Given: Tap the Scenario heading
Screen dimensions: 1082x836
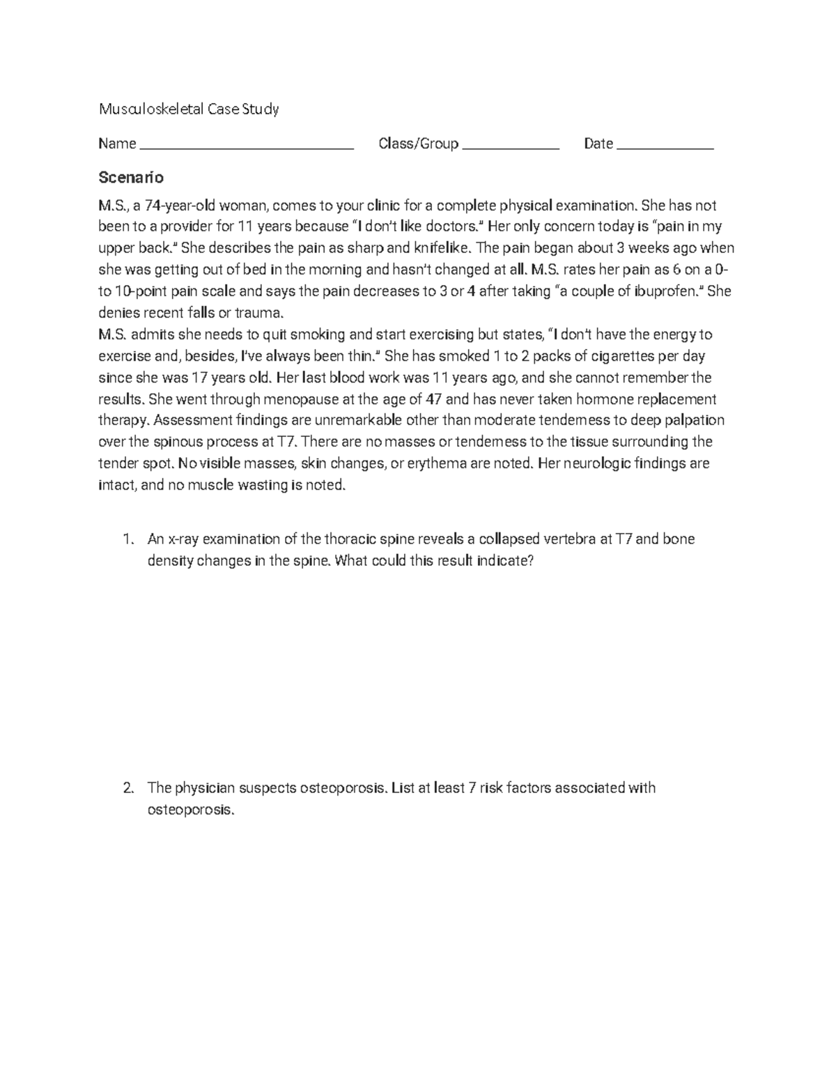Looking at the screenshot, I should [x=131, y=177].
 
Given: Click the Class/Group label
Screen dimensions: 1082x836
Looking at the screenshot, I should [x=418, y=144].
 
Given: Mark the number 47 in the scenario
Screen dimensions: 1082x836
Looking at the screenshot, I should [x=433, y=399].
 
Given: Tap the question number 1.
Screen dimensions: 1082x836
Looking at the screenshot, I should [x=127, y=539].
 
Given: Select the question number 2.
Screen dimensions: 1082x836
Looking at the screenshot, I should [x=127, y=788].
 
